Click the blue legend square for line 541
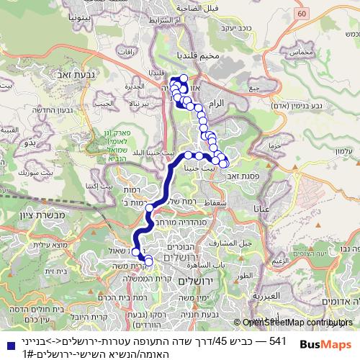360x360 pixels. (x=7, y=341)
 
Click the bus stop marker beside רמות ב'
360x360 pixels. (x=150, y=208)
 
